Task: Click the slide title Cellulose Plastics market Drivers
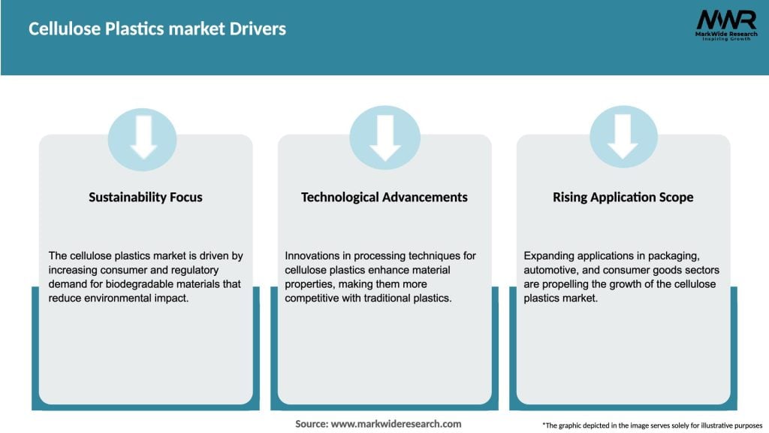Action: pos(157,29)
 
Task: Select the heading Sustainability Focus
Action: pos(146,197)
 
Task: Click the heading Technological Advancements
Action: pos(384,197)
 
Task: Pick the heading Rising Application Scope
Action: pos(623,197)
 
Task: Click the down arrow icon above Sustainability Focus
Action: pos(143,138)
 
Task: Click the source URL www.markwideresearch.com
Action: pos(396,424)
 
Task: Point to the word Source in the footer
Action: pos(311,424)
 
